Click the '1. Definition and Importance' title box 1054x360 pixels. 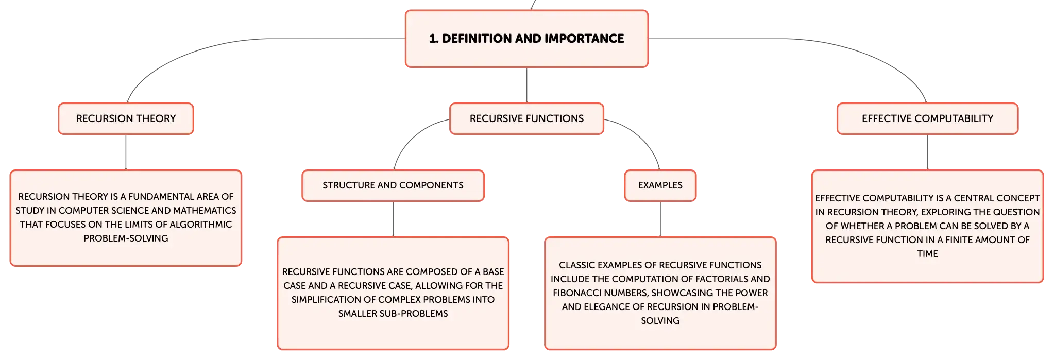point(526,39)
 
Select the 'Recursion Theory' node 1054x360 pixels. point(126,118)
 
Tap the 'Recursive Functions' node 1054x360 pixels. point(526,118)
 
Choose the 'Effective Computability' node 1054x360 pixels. point(927,118)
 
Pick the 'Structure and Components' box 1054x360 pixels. point(393,185)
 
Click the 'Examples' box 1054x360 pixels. point(660,185)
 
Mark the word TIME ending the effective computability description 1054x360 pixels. point(927,254)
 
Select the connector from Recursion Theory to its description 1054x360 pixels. point(126,152)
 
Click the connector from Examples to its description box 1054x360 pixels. point(660,219)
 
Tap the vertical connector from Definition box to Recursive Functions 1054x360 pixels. point(526,85)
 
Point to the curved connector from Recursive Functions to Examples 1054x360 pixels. point(643,136)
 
